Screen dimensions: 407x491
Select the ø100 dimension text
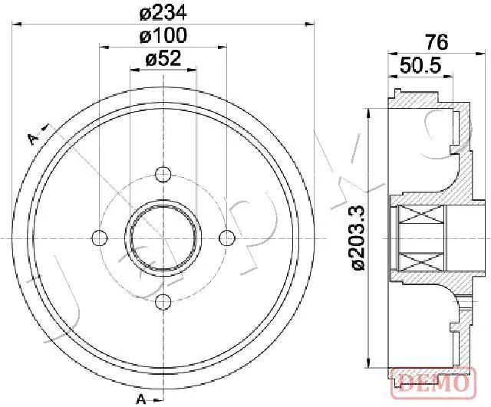coord(162,35)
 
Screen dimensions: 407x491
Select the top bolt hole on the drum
coord(163,174)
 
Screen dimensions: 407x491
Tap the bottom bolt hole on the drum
coord(163,301)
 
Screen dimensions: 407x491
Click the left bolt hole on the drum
coord(99,238)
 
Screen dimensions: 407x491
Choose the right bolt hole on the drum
coord(226,238)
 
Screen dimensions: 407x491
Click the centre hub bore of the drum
coord(163,238)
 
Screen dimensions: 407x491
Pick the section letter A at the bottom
coord(142,398)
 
